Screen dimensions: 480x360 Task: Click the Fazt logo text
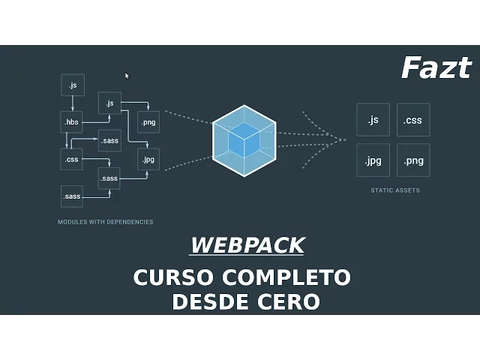436,68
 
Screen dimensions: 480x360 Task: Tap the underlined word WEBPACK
247,245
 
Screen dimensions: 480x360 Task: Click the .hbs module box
72,121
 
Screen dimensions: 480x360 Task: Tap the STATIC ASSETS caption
394,190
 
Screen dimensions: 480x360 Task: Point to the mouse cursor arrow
127,75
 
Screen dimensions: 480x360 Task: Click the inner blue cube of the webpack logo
243,140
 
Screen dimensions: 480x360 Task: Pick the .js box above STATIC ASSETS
373,120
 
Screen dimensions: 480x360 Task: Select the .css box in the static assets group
412,120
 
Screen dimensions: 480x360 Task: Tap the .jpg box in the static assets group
373,160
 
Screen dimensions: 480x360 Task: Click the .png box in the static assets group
412,160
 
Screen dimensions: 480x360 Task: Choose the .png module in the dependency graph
148,121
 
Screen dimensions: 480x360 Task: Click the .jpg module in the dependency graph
148,159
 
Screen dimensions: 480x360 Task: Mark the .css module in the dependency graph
72,159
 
